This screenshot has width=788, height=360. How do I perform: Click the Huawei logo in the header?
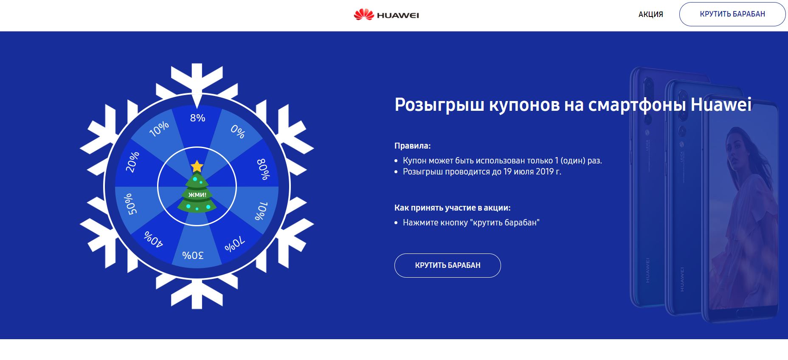click(x=386, y=15)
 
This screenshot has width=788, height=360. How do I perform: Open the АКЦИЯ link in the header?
click(x=650, y=14)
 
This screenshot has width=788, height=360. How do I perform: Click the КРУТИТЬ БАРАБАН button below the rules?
click(x=447, y=265)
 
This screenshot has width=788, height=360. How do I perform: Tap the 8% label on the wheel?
click(x=197, y=118)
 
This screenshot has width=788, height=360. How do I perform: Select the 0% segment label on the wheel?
click(x=238, y=132)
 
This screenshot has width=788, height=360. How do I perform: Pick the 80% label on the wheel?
click(x=263, y=169)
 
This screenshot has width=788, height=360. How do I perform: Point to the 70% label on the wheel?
click(x=234, y=244)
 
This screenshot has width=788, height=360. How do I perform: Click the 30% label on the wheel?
click(x=193, y=255)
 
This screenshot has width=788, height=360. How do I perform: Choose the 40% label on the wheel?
click(x=153, y=239)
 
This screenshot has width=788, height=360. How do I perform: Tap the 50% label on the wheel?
click(x=130, y=204)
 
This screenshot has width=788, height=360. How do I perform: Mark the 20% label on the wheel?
click(x=132, y=162)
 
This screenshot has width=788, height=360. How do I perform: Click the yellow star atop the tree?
click(x=197, y=166)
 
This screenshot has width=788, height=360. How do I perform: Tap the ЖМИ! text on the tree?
click(x=197, y=195)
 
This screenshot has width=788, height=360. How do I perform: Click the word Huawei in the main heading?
click(x=721, y=104)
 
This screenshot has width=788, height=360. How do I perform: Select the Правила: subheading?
click(x=412, y=146)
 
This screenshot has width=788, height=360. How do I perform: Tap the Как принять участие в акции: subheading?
click(x=452, y=208)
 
